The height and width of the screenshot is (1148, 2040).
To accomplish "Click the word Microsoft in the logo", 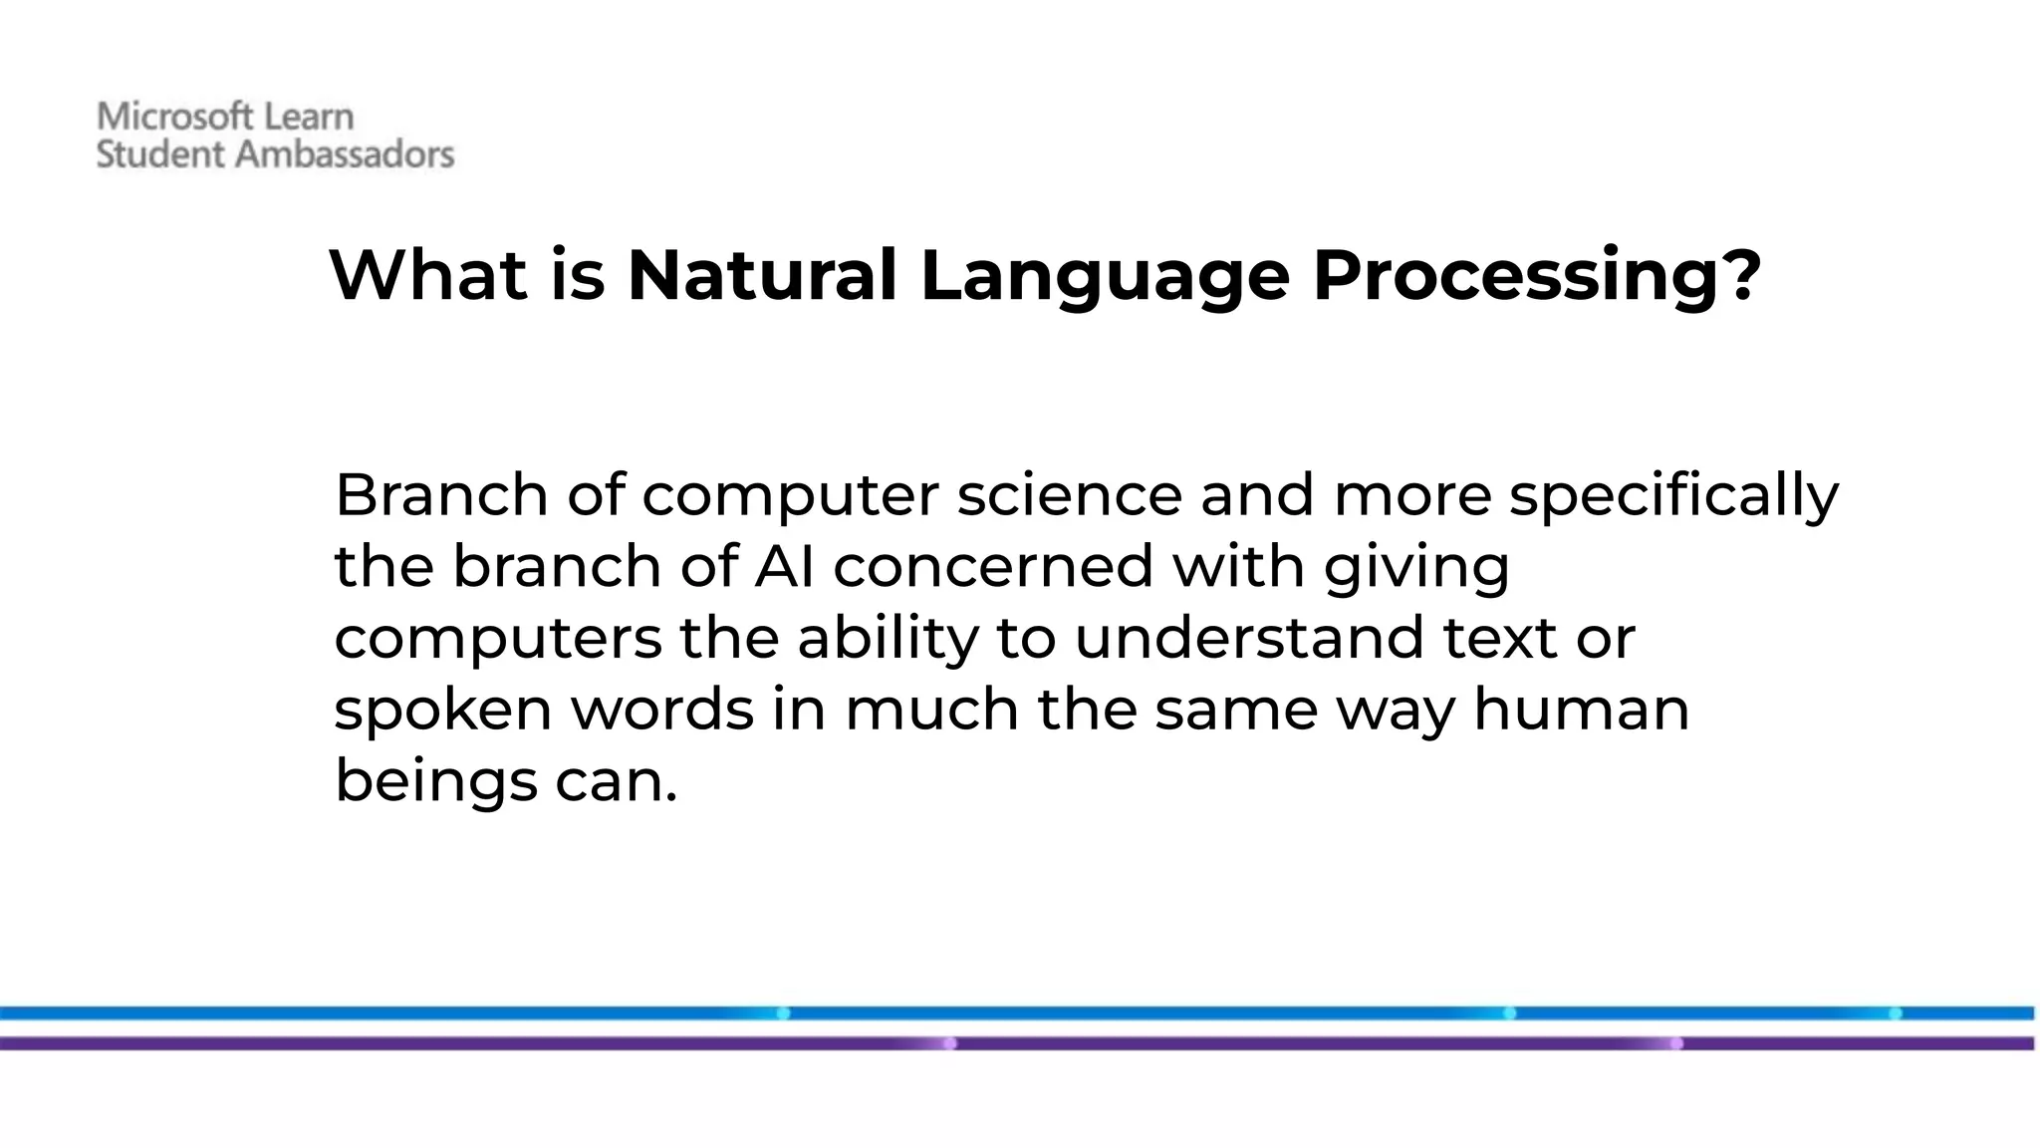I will click(164, 117).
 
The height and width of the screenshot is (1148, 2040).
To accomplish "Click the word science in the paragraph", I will click(1069, 495).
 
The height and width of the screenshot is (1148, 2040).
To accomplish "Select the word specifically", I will click(1673, 495).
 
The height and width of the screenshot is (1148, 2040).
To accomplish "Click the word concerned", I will click(992, 566).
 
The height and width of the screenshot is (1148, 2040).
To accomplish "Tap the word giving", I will click(1416, 568).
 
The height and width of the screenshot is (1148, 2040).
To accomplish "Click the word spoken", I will click(442, 711).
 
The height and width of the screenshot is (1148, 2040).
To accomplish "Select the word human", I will click(1581, 710).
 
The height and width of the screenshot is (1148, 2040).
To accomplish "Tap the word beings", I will click(436, 782).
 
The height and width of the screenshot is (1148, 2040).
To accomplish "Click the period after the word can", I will click(671, 798).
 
